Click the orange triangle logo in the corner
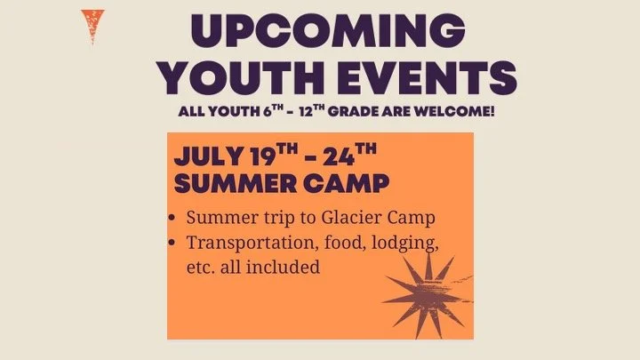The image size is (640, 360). (88, 26)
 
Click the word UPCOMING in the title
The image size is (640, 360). (328, 33)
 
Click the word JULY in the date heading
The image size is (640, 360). (208, 158)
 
